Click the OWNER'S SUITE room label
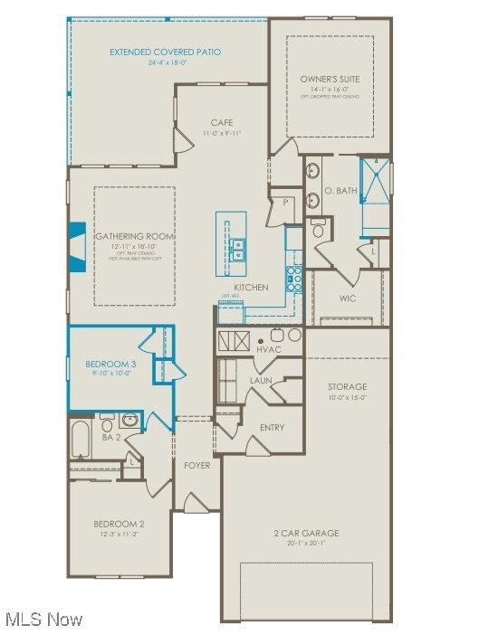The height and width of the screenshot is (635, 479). point(330,80)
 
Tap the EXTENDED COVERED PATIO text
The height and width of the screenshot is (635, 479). point(166,52)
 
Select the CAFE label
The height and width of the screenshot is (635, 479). point(222,123)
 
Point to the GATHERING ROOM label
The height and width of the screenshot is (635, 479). point(135,236)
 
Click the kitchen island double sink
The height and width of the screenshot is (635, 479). point(237,249)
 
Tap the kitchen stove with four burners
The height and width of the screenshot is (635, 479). point(294,277)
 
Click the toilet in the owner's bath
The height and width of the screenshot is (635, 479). point(318,230)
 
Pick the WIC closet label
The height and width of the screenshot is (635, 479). point(348,298)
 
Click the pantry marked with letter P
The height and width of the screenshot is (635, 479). point(285,204)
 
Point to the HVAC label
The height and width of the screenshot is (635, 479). point(269,349)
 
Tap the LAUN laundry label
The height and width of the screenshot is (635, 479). point(262,381)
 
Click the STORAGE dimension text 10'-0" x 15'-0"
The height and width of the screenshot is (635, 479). point(347,397)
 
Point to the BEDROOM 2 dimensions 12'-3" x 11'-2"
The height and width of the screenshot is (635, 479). point(119,534)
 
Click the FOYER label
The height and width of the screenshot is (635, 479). point(196,466)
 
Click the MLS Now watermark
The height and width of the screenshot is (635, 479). point(43,620)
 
